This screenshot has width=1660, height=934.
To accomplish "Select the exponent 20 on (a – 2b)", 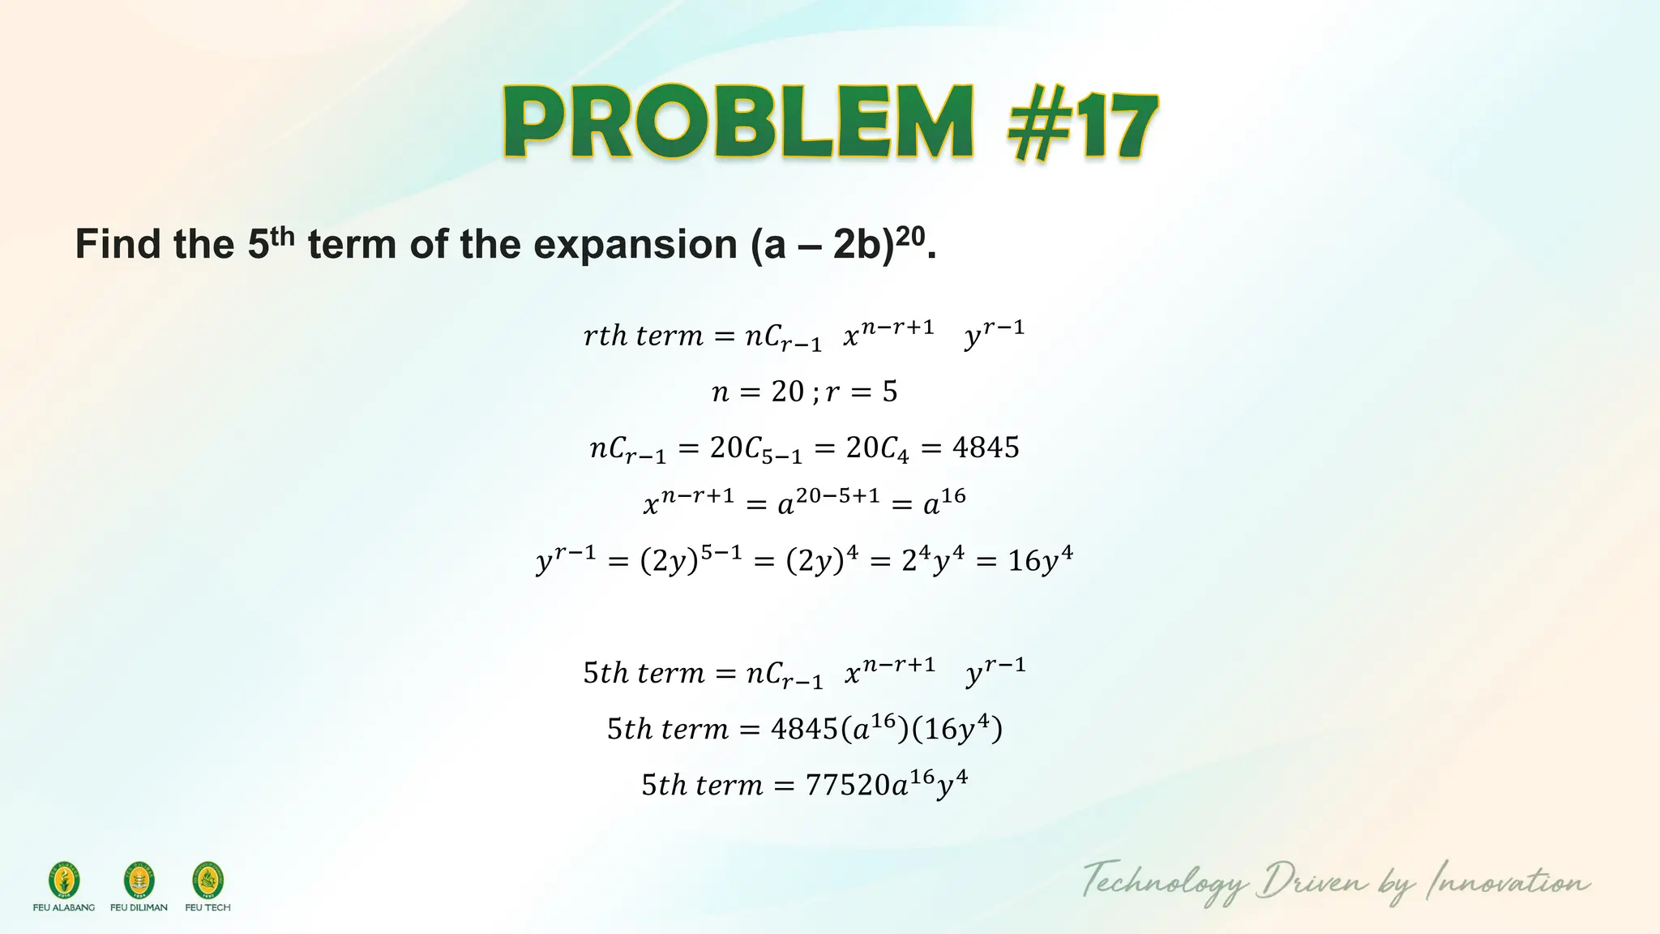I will (911, 236).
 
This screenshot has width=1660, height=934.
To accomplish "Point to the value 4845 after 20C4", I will (986, 448).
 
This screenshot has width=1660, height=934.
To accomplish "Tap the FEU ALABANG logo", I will (64, 881).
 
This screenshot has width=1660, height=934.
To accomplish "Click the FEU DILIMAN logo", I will (139, 881).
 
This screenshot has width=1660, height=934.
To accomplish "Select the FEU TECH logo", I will (207, 881).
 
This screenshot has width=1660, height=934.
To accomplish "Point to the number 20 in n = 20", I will (787, 392).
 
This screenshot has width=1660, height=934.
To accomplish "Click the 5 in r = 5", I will (890, 392).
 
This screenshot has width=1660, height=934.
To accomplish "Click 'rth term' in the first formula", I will (643, 336).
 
